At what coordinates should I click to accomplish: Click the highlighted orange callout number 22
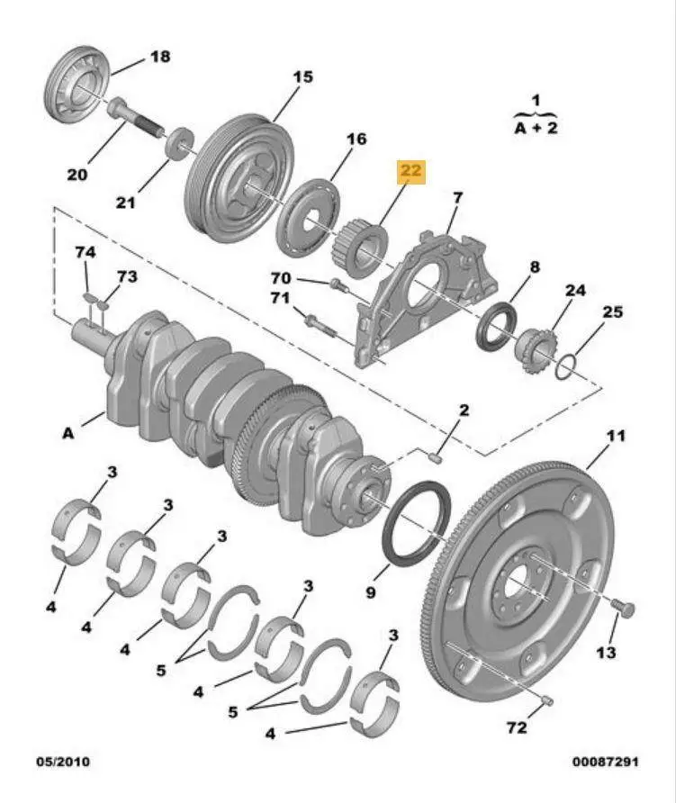click(x=411, y=171)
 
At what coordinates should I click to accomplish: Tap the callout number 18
click(x=160, y=57)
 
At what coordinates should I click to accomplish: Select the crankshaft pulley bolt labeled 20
click(x=135, y=118)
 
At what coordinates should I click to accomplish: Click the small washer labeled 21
click(x=181, y=144)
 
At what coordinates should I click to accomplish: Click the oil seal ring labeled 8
click(x=497, y=327)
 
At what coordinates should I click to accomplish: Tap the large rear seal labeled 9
click(x=417, y=523)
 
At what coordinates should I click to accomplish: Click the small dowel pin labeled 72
click(x=547, y=699)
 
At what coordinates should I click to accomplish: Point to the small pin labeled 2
click(x=436, y=456)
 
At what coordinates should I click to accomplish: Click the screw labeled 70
click(x=339, y=284)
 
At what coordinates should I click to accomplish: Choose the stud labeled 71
click(x=320, y=326)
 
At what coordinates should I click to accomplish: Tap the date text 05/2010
click(x=63, y=762)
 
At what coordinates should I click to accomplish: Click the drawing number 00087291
click(x=605, y=762)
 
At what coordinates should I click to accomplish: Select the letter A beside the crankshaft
click(x=68, y=433)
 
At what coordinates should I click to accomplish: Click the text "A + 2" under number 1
click(x=536, y=128)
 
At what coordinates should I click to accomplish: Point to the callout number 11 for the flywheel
click(x=616, y=437)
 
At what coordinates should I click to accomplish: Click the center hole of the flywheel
click(x=519, y=584)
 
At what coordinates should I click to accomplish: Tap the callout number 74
click(x=86, y=252)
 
